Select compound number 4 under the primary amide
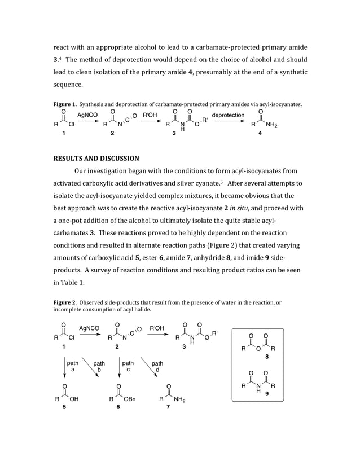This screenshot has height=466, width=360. pos(260,134)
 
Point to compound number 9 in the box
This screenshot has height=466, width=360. pos(266,394)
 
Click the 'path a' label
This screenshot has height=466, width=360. pos(73,367)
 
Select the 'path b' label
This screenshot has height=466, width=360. pos(99,367)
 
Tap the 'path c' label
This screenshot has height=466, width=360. pos(128,367)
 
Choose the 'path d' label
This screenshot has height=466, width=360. pos(157,367)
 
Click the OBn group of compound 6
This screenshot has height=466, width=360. pos(129,399)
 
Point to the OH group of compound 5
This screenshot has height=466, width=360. pos(73,399)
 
